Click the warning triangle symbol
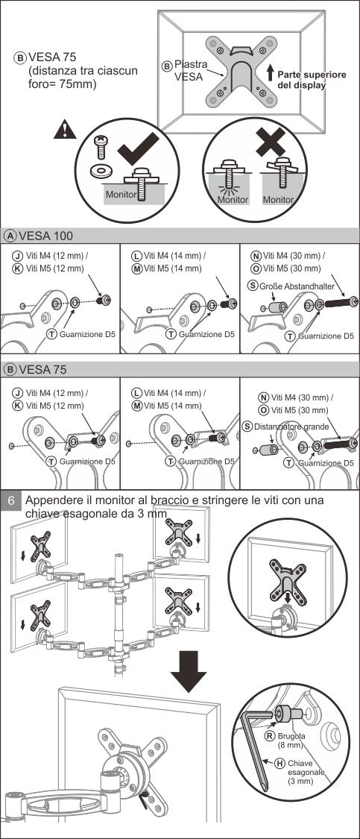65,130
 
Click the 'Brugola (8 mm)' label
291,740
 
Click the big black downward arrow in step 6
189,671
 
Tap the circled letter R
270,736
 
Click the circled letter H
280,764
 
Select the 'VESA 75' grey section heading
41,370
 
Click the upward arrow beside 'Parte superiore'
270,73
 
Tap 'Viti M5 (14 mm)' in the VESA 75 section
173,406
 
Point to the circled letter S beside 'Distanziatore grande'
247,427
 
